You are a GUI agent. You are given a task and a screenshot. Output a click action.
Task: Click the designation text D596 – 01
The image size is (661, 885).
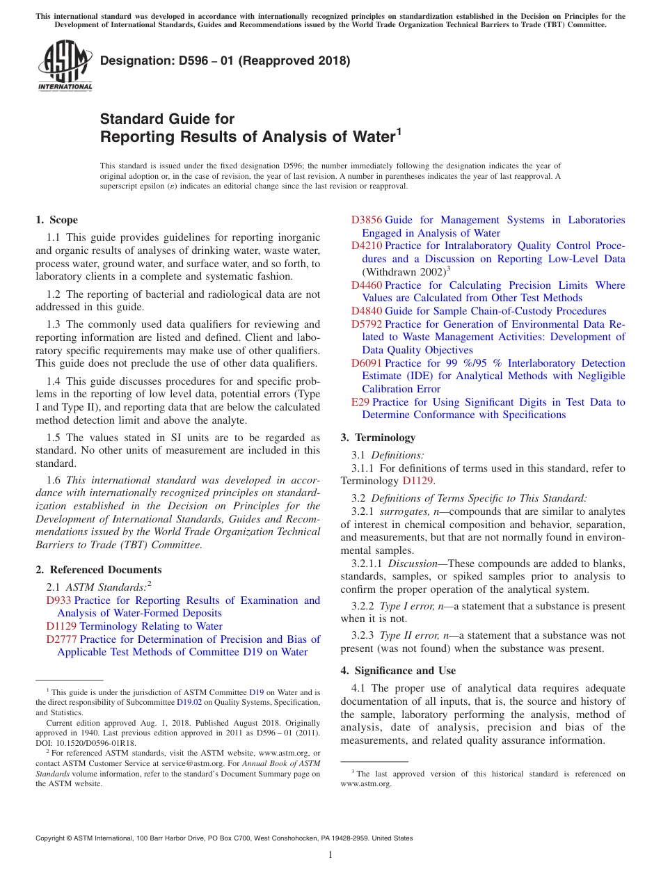[x=225, y=61]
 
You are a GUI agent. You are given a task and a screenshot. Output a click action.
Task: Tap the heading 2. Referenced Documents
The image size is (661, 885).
[x=98, y=570]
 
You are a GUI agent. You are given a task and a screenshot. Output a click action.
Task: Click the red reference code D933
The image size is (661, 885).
[x=58, y=600]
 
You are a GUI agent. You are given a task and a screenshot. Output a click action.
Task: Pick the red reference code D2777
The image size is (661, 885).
[x=61, y=639]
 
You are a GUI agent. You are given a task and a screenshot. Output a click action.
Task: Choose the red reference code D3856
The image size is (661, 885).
[x=366, y=220]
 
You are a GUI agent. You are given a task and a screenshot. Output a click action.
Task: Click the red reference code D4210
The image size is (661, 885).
[x=366, y=246]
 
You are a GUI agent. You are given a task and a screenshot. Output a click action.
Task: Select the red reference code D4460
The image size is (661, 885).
[x=366, y=285]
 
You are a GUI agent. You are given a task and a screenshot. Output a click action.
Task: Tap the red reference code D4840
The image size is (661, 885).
[x=366, y=311]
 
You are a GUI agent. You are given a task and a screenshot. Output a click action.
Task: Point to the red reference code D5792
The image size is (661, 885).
[x=366, y=324]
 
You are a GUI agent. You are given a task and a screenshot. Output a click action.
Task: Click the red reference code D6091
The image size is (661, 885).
[x=366, y=363]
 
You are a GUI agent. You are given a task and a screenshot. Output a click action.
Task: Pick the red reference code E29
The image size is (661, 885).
[x=360, y=402]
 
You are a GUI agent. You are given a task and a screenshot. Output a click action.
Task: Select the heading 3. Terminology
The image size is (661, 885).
[x=378, y=438]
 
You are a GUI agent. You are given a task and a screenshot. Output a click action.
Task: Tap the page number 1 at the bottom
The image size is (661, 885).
[x=330, y=854]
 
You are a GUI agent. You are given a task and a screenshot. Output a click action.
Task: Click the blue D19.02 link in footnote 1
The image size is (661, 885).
[x=189, y=703]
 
